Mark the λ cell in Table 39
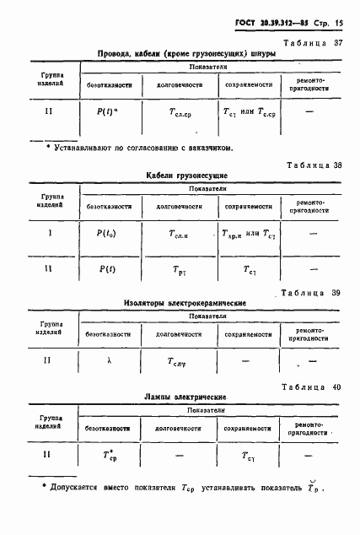(x=109, y=360)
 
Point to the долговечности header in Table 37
(x=177, y=84)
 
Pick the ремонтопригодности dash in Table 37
(x=310, y=111)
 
